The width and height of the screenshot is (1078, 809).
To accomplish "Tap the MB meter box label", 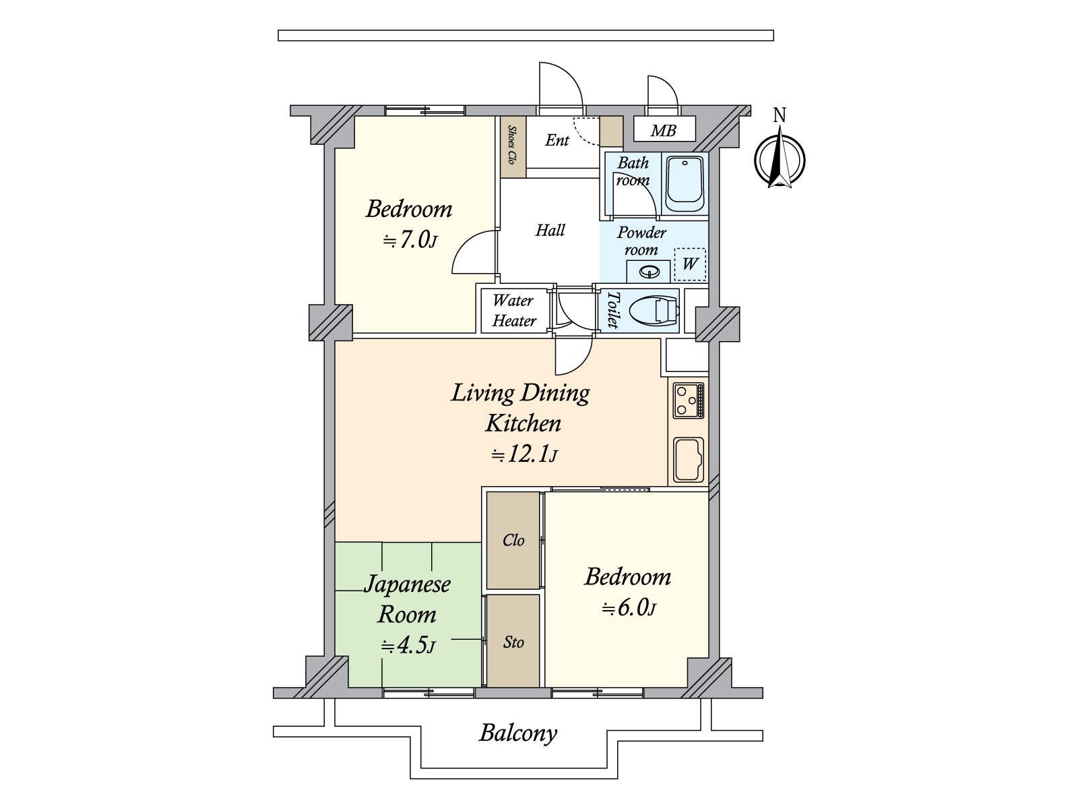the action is tap(664, 131).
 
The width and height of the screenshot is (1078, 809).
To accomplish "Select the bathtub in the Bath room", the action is tap(685, 183).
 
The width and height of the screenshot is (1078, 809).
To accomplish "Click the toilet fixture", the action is tap(654, 310).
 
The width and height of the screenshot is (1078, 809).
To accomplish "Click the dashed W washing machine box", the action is tap(690, 264).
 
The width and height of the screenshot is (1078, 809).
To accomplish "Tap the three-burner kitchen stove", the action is tap(688, 401).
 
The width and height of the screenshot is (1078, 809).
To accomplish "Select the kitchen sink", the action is tap(689, 459).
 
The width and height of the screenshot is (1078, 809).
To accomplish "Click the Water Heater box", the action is tap(513, 311).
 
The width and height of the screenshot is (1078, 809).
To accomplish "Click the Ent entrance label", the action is tap(557, 140).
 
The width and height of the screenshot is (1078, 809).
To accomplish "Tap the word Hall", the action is tap(550, 230).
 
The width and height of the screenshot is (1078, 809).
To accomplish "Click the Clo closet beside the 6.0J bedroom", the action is tap(513, 540).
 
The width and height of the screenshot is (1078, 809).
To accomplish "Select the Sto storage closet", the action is tap(513, 641).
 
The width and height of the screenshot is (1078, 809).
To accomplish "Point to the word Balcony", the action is tap(518, 733).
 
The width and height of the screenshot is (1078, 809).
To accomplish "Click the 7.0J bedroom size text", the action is tap(410, 240).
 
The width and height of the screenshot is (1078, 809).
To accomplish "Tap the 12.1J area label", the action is tap(524, 455).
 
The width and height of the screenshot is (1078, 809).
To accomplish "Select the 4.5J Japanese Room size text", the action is tap(408, 645).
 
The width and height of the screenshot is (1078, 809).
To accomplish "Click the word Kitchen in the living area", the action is tap(523, 423).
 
